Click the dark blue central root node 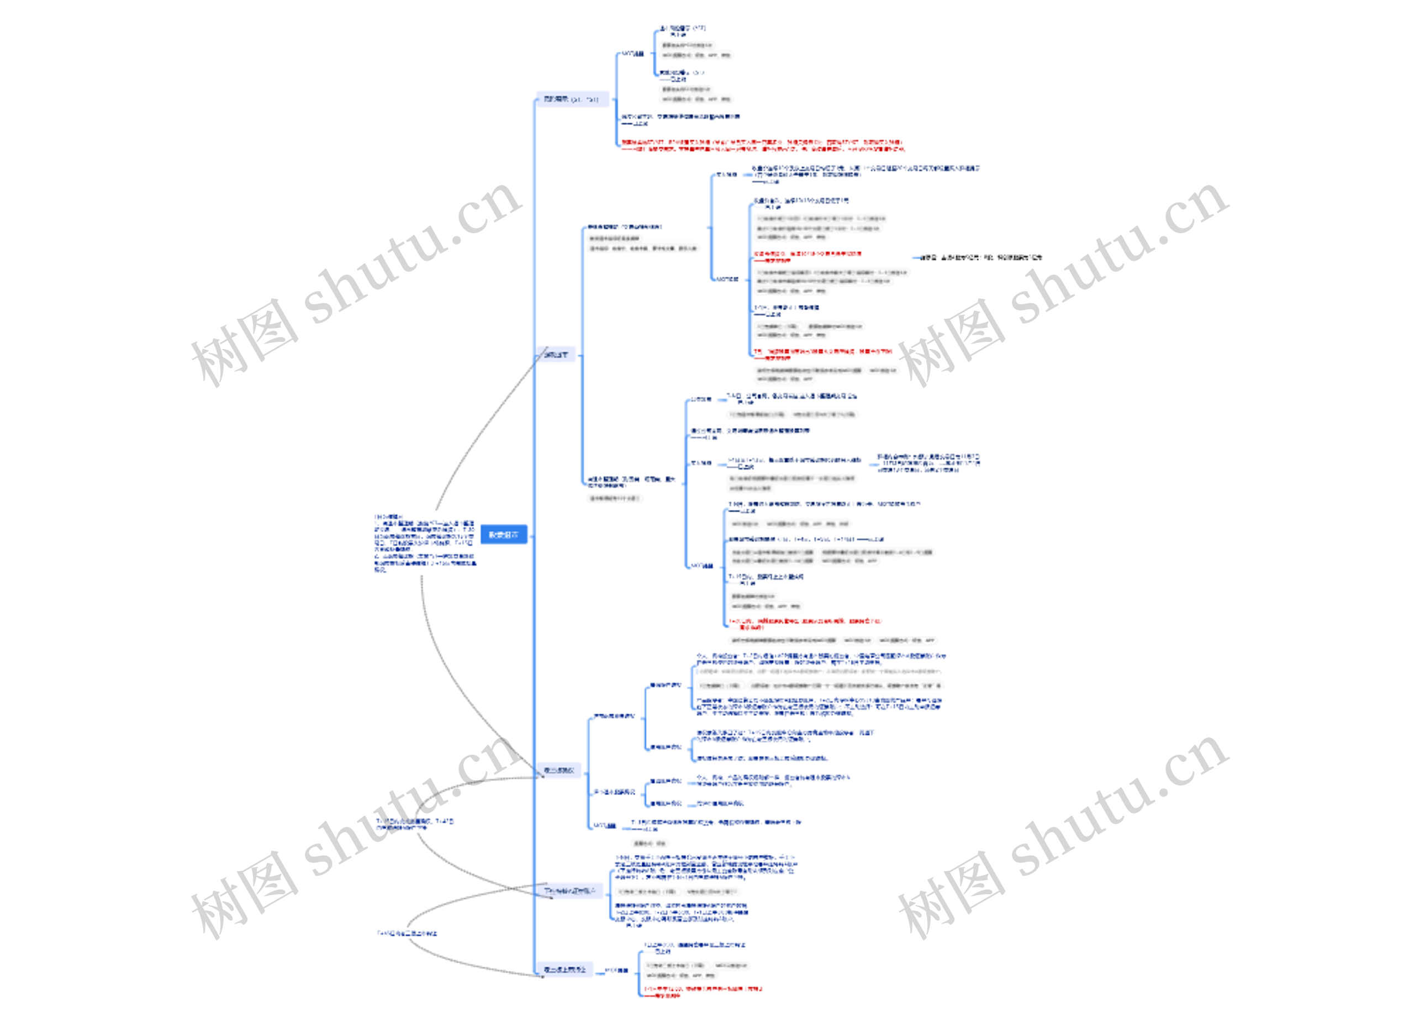coord(503,534)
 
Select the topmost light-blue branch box coord(571,99)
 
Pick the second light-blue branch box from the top coord(556,355)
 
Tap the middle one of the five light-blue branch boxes coord(558,771)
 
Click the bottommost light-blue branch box coord(564,969)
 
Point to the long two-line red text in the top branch coord(761,145)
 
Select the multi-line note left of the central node coord(425,542)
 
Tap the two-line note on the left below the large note coord(415,824)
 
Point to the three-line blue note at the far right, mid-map coord(928,463)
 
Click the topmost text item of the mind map coord(682,29)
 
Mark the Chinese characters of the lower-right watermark coord(951,895)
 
